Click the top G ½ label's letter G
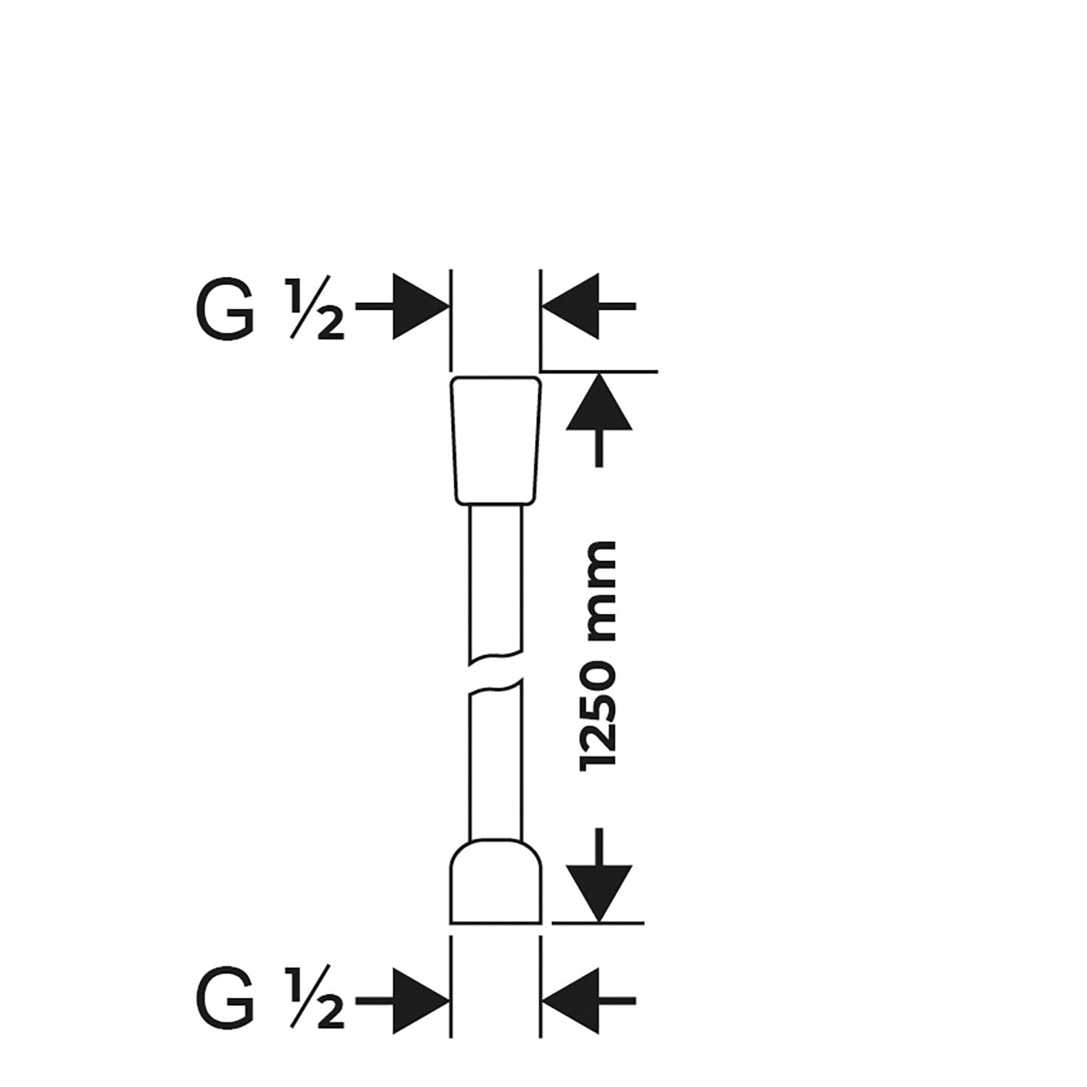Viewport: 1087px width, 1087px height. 225,307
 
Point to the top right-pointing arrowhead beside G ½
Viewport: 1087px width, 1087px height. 419,307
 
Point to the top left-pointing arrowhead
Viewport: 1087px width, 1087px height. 572,307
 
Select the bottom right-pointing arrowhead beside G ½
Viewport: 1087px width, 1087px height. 419,1001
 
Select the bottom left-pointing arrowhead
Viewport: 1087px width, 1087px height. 572,1001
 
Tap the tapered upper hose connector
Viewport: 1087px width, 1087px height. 496,440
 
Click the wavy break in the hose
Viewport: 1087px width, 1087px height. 496,671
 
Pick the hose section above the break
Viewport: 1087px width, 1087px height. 496,580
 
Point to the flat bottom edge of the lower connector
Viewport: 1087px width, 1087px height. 496,923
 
